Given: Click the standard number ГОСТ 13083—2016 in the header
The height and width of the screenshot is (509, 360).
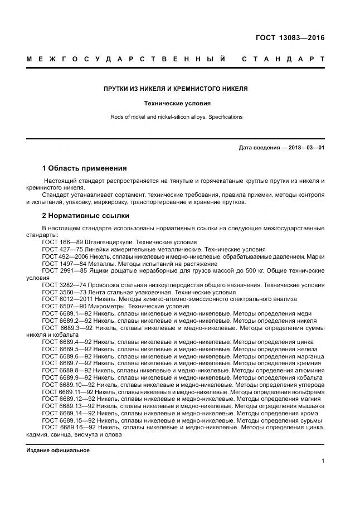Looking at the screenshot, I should click(289, 38).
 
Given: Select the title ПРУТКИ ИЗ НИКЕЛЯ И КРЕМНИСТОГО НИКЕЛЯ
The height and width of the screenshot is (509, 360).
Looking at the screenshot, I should click(176, 89).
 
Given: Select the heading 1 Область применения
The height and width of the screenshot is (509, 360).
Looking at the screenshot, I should click(84, 168).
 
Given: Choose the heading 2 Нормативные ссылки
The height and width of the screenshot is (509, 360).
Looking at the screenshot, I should click(85, 215).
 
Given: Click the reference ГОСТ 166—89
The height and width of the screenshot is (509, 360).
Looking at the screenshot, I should click(61, 243).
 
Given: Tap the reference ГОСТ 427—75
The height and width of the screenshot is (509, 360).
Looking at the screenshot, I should click(61, 249).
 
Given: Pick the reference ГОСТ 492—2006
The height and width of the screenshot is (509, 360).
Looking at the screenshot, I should click(64, 256).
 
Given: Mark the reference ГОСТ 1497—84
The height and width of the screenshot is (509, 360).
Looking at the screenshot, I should click(62, 263).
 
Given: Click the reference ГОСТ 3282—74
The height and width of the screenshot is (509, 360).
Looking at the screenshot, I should click(62, 285).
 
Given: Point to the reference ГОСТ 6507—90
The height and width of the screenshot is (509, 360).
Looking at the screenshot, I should click(62, 306).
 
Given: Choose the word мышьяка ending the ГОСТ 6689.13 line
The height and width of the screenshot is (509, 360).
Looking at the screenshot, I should click(308, 406).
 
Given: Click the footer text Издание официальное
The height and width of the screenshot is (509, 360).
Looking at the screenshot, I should click(58, 450).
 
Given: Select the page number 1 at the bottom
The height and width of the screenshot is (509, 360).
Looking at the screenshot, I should click(323, 460).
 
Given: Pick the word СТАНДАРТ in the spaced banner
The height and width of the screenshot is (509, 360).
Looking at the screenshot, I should click(283, 59).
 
